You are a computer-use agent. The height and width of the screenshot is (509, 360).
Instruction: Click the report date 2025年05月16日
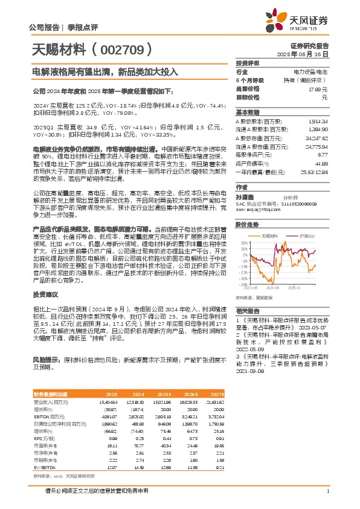click(309, 54)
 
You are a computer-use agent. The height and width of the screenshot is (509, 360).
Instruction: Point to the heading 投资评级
click(247, 63)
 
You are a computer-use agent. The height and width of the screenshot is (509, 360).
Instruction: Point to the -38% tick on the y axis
click(242, 284)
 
